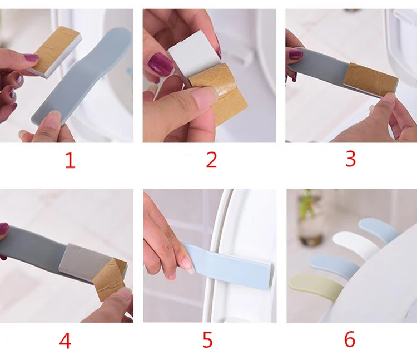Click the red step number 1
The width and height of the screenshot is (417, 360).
(71, 160)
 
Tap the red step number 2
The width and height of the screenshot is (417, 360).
(211, 160)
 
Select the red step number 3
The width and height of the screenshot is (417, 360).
(350, 159)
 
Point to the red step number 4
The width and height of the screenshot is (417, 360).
(65, 341)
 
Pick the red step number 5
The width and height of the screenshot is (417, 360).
(207, 340)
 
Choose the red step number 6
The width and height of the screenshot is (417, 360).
(350, 339)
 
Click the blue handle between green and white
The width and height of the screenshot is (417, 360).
(334, 264)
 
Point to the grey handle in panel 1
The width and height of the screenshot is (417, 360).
(82, 80)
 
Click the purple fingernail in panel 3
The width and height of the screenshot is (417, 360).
(296, 55)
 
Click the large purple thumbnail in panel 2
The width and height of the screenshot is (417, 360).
(161, 65)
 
